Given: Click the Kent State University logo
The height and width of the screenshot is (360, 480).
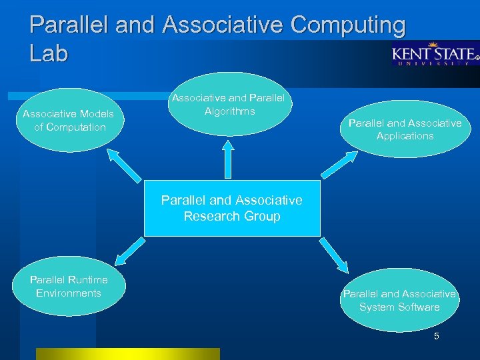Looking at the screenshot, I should [x=435, y=55].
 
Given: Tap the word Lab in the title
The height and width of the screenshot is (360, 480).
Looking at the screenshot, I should [x=49, y=53].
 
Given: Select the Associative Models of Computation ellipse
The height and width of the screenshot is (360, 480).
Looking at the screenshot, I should [x=69, y=121].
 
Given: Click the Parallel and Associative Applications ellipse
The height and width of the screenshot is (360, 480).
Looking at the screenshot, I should [x=405, y=129].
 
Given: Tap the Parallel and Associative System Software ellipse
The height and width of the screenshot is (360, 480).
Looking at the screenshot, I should [x=399, y=301].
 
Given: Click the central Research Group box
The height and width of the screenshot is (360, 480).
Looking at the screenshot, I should [x=232, y=208].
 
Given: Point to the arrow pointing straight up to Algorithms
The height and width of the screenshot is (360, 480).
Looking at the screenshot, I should [x=229, y=160].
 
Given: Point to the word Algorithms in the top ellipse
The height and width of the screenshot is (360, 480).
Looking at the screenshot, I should [x=229, y=111].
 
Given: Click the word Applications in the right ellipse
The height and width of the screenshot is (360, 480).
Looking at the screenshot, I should [x=405, y=136].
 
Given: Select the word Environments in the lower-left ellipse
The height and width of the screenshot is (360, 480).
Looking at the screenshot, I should [x=69, y=293].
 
